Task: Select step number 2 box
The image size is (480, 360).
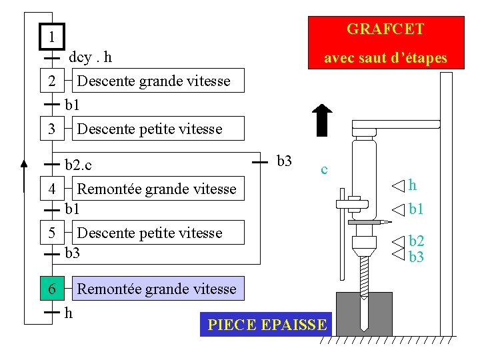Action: point(52,81)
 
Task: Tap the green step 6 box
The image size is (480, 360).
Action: point(52,289)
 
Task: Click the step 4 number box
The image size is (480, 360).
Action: point(52,189)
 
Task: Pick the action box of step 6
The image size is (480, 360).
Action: point(157,289)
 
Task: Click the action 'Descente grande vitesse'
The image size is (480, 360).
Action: point(154,81)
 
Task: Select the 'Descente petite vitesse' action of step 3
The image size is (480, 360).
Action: point(150,129)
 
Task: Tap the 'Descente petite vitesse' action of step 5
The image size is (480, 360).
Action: point(150,233)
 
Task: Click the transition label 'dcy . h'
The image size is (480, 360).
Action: point(91,57)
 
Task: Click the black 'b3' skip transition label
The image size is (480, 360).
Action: point(284,161)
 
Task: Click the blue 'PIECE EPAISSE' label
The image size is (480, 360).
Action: point(267,325)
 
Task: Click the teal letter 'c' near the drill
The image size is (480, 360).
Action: point(324,169)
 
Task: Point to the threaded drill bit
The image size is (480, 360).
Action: point(365,277)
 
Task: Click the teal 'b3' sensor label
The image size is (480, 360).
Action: point(417,257)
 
